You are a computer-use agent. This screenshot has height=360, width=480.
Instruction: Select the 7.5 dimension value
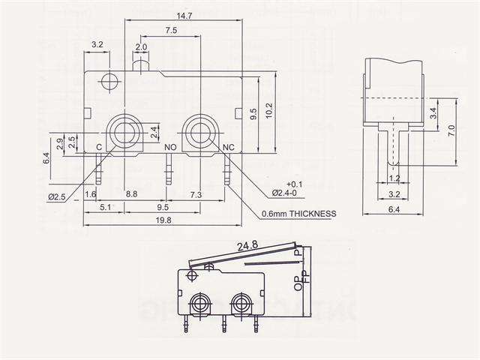coord(170,31)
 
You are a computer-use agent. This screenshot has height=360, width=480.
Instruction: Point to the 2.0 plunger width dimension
coord(141,47)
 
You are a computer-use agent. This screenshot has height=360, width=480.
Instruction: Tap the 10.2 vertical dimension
coord(270,110)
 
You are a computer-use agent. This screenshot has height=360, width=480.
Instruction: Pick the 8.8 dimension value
coord(132,195)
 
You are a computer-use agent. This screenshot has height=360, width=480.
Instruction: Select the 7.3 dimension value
coord(196,195)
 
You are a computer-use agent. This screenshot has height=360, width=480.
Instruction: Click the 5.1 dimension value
coord(105,206)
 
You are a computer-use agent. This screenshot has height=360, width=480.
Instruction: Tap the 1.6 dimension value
coord(91,195)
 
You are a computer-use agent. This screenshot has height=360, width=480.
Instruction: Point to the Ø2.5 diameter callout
coord(58,196)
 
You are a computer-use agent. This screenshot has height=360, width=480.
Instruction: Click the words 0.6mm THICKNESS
coord(298,214)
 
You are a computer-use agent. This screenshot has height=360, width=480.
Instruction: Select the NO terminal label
coord(169,147)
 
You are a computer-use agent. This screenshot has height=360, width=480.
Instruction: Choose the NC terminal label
coord(229,147)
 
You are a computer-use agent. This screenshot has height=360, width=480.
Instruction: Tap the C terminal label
coord(99,147)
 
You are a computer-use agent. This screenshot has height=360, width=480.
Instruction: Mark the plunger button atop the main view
coord(141,66)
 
